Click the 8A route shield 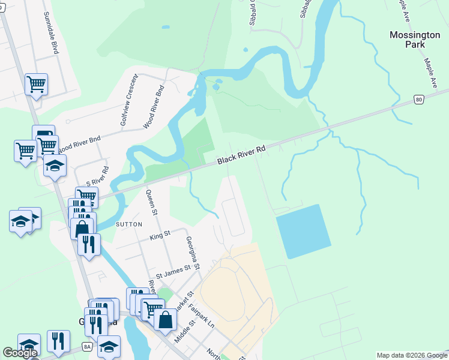[88, 346]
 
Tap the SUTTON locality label [128, 224]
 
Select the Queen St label [152, 202]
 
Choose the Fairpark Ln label [201, 315]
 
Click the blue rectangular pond [303, 232]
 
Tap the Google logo [20, 353]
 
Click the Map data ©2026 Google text [412, 355]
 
